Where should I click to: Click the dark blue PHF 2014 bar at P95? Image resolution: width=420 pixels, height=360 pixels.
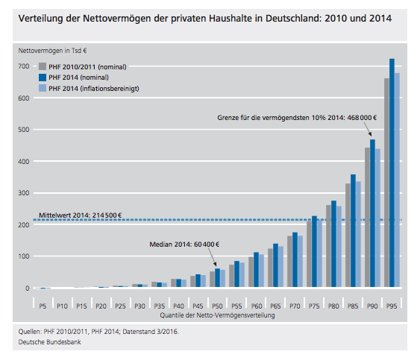pyautogui.click(x=392, y=173)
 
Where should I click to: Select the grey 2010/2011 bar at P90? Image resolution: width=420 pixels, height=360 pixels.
pyautogui.click(x=367, y=218)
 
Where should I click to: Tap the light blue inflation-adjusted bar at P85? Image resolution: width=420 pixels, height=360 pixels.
pyautogui.click(x=358, y=234)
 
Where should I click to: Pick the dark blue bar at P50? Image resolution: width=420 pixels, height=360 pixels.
pyautogui.click(x=217, y=278)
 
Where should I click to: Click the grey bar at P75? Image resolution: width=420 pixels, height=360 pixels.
pyautogui.click(x=309, y=254)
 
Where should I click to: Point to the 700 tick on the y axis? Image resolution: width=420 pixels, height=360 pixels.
pyautogui.click(x=24, y=66)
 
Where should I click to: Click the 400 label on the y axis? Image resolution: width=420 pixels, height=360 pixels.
pyautogui.click(x=24, y=162)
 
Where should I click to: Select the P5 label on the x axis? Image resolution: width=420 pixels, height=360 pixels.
pyautogui.click(x=43, y=306)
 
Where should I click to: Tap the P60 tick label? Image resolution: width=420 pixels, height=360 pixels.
pyautogui.click(x=257, y=306)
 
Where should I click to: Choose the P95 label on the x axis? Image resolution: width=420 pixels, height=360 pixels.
pyautogui.click(x=392, y=306)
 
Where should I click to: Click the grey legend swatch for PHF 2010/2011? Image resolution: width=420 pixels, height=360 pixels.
pyautogui.click(x=43, y=66)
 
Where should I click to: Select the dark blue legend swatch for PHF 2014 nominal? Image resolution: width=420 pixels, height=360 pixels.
pyautogui.click(x=43, y=78)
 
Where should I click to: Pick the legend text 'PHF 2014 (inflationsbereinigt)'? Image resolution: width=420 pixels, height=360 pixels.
pyautogui.click(x=94, y=89)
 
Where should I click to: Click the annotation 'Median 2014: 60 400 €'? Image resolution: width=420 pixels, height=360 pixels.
pyautogui.click(x=184, y=244)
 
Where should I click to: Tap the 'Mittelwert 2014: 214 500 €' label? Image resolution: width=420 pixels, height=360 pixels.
pyautogui.click(x=80, y=215)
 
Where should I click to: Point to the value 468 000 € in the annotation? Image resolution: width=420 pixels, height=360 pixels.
pyautogui.click(x=362, y=118)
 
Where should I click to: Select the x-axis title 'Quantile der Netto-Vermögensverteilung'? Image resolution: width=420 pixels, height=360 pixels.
pyautogui.click(x=217, y=315)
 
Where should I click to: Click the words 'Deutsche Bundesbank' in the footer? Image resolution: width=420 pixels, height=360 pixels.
pyautogui.click(x=49, y=342)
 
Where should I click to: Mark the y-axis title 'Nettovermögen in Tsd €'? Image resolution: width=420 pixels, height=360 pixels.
pyautogui.click(x=52, y=51)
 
